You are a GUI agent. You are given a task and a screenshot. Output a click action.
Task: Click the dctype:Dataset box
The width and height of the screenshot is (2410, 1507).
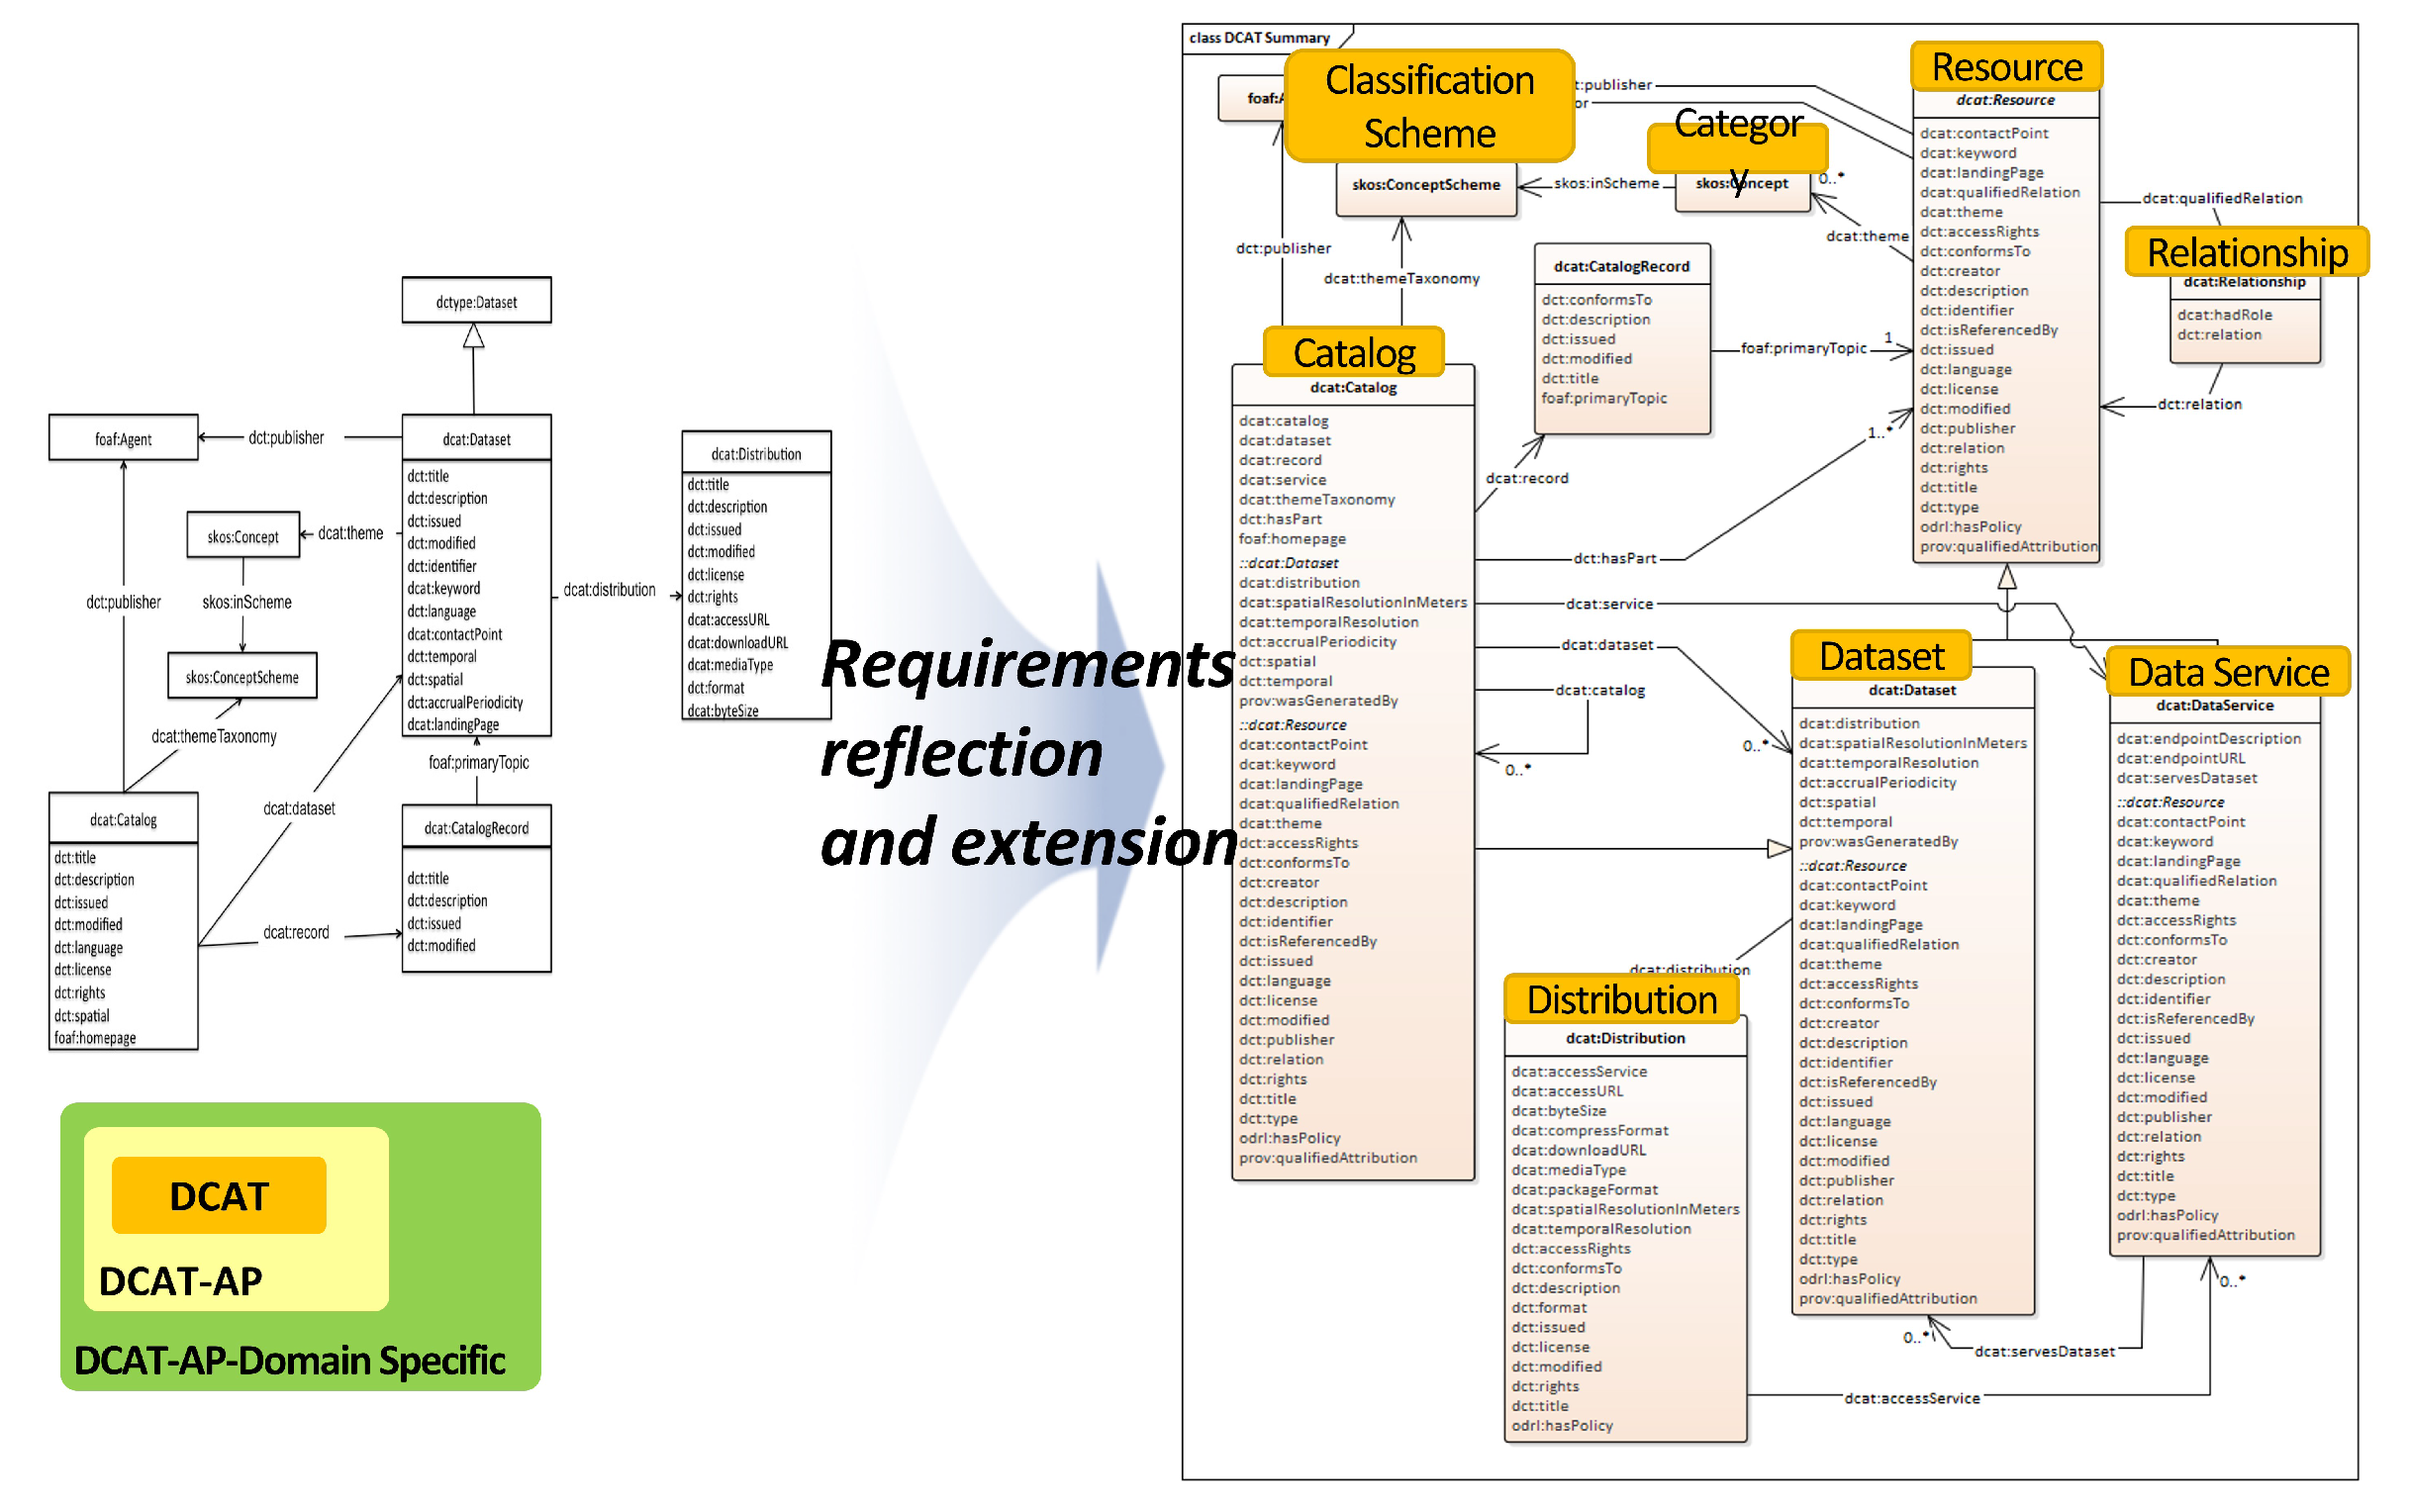pyautogui.click(x=476, y=301)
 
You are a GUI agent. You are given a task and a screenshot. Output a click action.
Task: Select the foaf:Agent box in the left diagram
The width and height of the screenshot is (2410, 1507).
pyautogui.click(x=123, y=438)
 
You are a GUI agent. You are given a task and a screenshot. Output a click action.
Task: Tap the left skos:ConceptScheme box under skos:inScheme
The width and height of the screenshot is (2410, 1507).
pyautogui.click(x=242, y=677)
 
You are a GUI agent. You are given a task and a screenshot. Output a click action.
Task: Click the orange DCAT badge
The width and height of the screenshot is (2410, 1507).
pyautogui.click(x=220, y=1195)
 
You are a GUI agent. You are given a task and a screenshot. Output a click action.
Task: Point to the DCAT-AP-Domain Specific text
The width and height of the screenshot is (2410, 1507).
pyautogui.click(x=289, y=1361)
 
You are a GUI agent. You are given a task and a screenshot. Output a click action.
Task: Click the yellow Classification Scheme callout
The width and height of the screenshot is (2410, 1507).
pyautogui.click(x=1429, y=107)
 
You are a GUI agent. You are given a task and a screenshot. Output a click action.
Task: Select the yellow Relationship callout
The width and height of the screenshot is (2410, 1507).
pyautogui.click(x=2247, y=252)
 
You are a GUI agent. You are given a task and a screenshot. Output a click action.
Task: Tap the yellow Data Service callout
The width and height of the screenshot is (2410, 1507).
pyautogui.click(x=2228, y=672)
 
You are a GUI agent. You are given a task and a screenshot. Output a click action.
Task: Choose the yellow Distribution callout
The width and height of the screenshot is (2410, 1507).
pyautogui.click(x=1621, y=998)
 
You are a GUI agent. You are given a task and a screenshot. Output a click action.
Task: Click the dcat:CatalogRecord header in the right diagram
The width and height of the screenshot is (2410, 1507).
pyautogui.click(x=1621, y=266)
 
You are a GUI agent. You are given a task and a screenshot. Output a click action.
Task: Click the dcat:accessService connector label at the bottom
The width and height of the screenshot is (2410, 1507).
pyautogui.click(x=1911, y=1398)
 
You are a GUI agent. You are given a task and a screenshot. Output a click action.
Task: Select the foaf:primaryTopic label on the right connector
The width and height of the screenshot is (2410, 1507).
pyautogui.click(x=1803, y=348)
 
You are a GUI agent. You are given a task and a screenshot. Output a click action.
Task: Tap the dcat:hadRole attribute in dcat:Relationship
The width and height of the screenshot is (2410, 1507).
pyautogui.click(x=2225, y=315)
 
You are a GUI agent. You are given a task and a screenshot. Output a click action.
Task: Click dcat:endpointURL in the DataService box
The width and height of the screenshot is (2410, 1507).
pyautogui.click(x=2180, y=759)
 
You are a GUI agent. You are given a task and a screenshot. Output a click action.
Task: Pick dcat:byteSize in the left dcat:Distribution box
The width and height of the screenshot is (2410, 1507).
pyautogui.click(x=723, y=710)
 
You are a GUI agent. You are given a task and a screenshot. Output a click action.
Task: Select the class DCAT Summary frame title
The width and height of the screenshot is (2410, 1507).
pyautogui.click(x=1260, y=38)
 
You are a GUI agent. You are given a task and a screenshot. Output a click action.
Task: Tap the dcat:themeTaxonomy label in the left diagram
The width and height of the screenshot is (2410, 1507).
pyautogui.click(x=214, y=736)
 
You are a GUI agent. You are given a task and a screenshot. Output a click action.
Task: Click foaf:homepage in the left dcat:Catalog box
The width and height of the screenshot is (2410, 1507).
pyautogui.click(x=95, y=1038)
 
